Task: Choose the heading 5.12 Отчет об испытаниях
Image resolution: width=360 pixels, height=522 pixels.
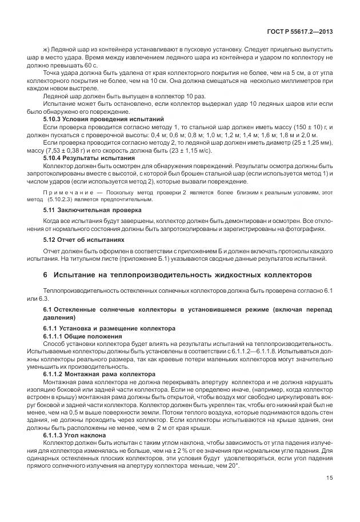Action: point(85,240)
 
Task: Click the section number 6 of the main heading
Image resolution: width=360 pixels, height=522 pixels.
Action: point(45,276)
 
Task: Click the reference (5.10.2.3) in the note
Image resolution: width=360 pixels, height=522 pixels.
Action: point(64,200)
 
